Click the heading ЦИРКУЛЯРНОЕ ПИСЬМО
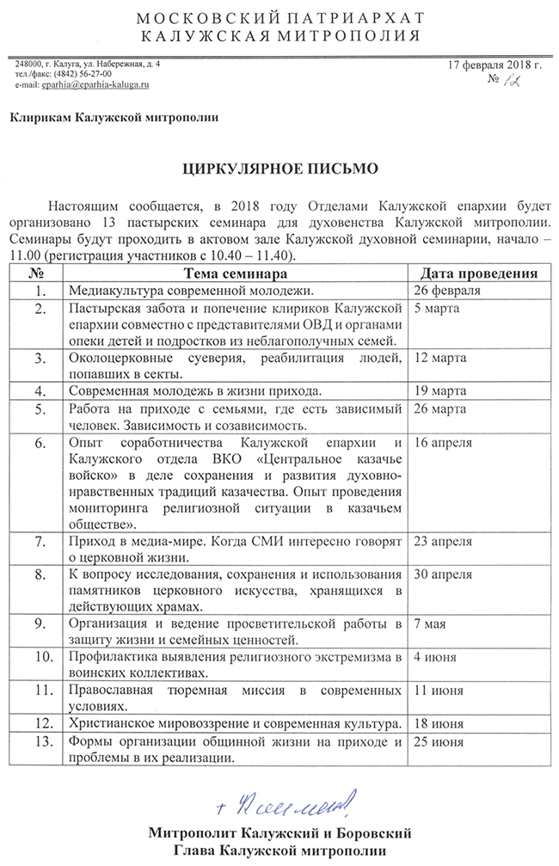[x=279, y=170]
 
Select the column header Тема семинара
[x=234, y=273]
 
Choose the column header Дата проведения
[x=476, y=273]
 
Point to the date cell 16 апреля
[x=444, y=443]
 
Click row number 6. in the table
[x=37, y=443]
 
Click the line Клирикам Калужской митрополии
[x=114, y=118]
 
